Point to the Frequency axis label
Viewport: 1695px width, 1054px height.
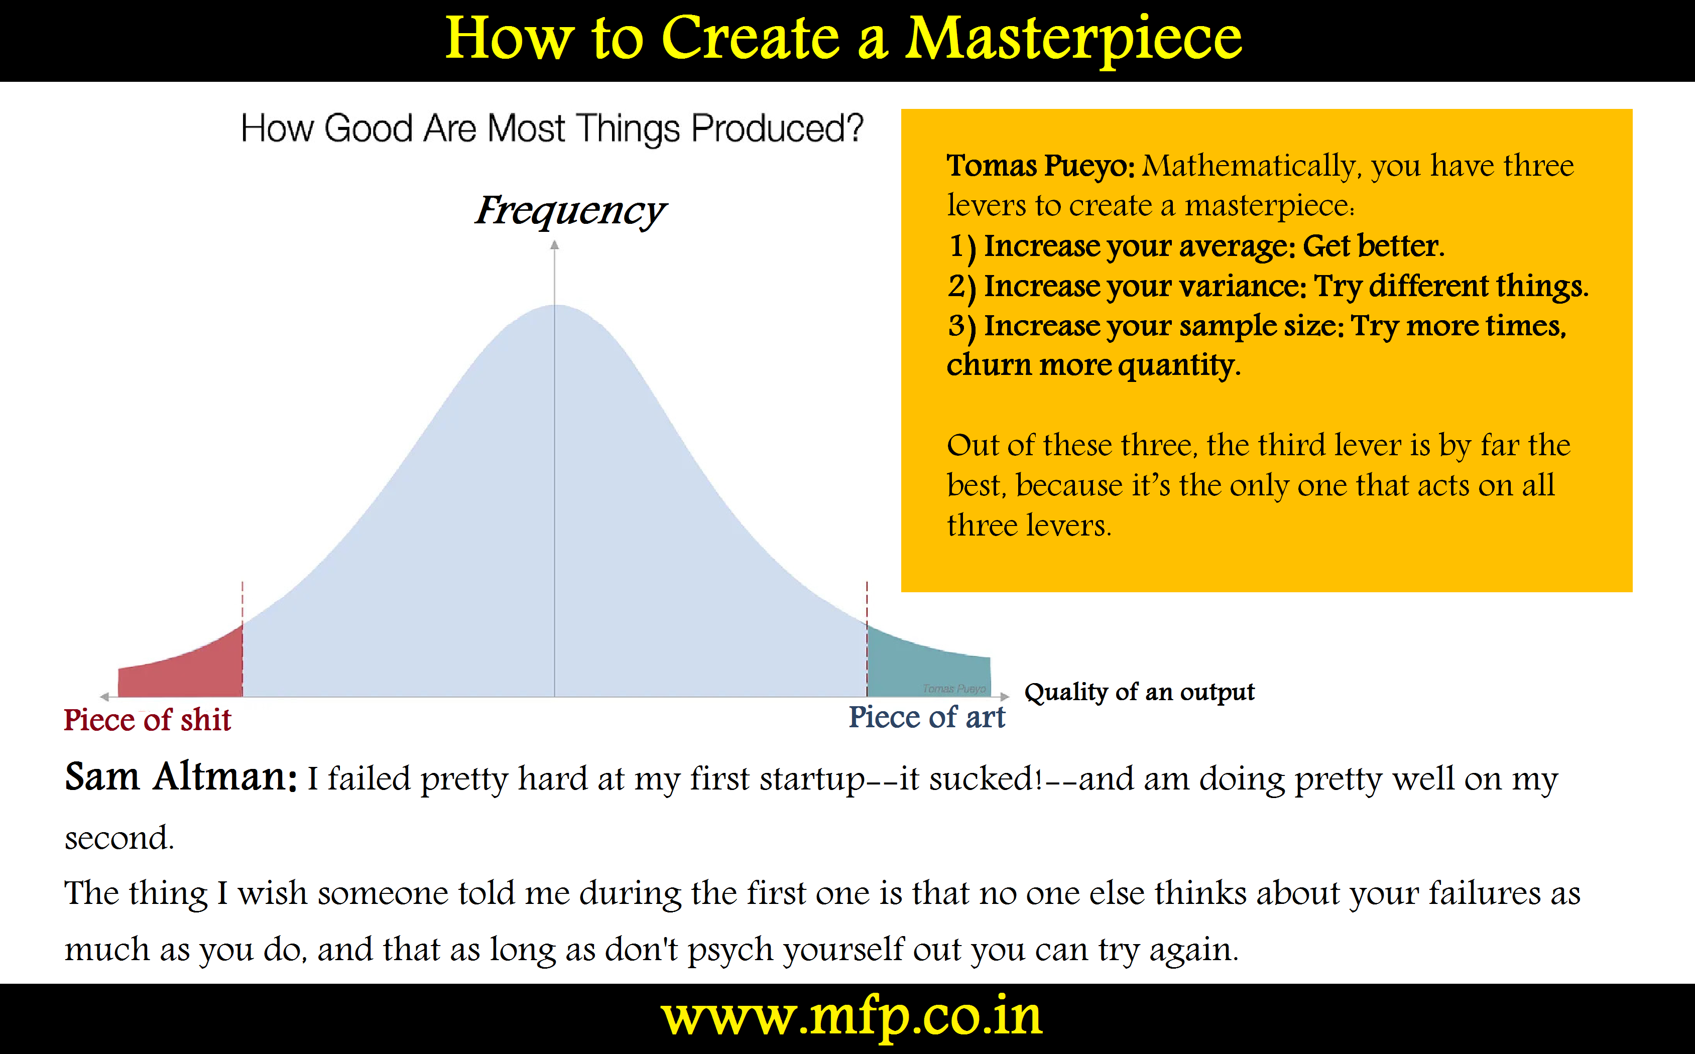(570, 210)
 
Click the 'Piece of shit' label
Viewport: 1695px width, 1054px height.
(147, 719)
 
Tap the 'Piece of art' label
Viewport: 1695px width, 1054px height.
(927, 717)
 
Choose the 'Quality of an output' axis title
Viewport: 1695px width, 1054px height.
(1139, 692)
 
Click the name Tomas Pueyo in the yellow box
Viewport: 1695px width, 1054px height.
(1040, 166)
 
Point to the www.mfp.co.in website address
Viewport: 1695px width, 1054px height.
(852, 1018)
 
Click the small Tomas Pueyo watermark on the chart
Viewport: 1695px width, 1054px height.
(954, 689)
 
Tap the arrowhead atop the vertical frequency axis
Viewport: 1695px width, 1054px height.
(554, 245)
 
